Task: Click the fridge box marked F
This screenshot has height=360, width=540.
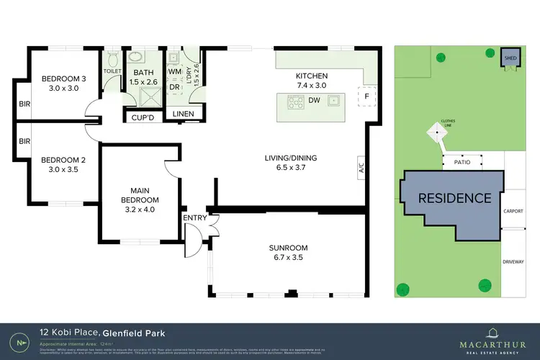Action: [366, 96]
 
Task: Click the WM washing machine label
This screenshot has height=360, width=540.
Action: [174, 71]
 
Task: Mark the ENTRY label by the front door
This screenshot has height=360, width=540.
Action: [195, 217]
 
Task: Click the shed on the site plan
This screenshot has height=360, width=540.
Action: [510, 58]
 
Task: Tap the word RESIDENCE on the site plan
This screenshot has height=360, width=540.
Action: [455, 197]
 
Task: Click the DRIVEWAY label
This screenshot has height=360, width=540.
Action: [513, 261]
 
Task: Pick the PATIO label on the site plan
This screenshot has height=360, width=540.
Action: [462, 162]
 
